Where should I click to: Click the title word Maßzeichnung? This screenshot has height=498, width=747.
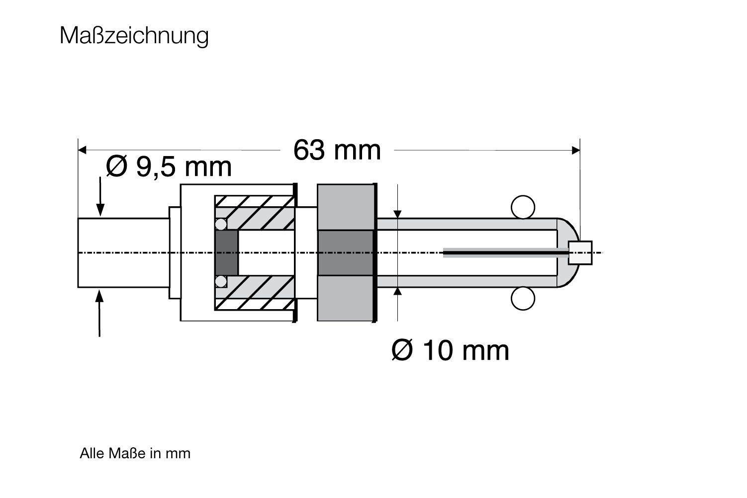(x=134, y=36)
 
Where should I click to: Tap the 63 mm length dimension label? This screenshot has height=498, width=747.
(x=337, y=150)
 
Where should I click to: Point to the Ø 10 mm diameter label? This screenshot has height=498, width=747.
(x=450, y=350)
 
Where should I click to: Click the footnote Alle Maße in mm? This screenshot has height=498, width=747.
(x=135, y=453)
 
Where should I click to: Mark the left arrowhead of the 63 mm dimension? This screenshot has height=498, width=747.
(x=82, y=150)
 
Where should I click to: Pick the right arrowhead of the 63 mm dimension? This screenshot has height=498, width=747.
(x=576, y=150)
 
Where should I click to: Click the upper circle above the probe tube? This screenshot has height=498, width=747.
(x=523, y=207)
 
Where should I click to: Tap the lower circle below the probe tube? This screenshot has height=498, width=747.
(x=523, y=298)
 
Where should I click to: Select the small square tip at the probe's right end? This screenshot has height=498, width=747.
(x=580, y=252)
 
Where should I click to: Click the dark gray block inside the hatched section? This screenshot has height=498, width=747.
(x=227, y=252)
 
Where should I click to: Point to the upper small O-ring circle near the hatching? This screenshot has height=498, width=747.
(x=221, y=224)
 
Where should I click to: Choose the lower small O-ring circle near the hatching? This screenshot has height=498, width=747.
(x=221, y=281)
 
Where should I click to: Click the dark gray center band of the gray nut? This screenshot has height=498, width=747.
(x=346, y=252)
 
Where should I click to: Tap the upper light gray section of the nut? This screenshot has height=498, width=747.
(x=346, y=207)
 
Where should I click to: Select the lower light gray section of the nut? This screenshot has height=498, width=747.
(x=346, y=298)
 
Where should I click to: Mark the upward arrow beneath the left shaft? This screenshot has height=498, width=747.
(x=99, y=313)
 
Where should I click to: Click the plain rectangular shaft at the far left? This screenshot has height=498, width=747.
(x=124, y=252)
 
